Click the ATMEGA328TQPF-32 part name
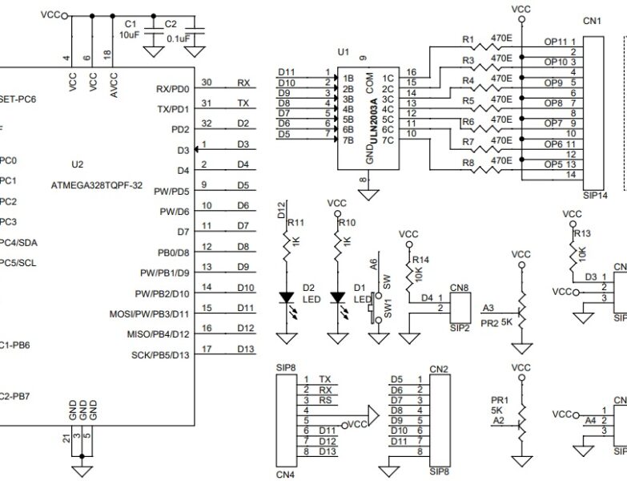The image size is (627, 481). tap(97, 184)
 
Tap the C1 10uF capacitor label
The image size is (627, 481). tap(131, 30)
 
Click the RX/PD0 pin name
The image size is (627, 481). tap(172, 89)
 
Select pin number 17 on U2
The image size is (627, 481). tap(207, 349)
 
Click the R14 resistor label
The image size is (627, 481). tap(421, 260)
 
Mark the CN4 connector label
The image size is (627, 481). tap(286, 474)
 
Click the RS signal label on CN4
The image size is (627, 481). tap(325, 400)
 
